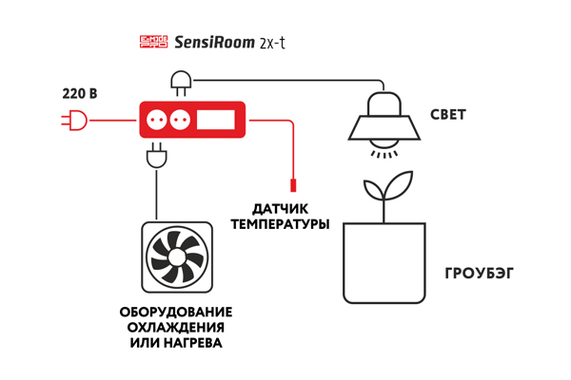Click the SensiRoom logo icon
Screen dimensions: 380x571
coord(152,42)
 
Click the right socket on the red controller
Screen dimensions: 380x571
coord(179,120)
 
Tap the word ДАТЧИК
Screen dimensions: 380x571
coord(280,209)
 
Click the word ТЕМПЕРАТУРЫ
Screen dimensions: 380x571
coord(280,224)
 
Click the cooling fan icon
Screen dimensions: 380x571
coord(177,256)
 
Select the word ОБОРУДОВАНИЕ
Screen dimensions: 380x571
coord(176,313)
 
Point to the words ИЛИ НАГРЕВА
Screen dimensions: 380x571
coord(176,343)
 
